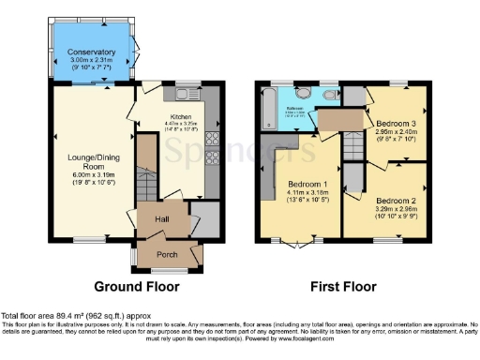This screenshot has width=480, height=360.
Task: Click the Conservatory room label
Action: pyautogui.click(x=91, y=52)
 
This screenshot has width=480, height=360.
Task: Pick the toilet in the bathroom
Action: pyautogui.click(x=304, y=94)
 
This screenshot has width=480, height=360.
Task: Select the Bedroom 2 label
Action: pyautogui.click(x=398, y=201)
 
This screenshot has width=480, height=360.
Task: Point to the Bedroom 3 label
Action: pyautogui.click(x=397, y=123)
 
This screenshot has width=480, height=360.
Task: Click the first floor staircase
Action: pyautogui.click(x=352, y=145)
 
